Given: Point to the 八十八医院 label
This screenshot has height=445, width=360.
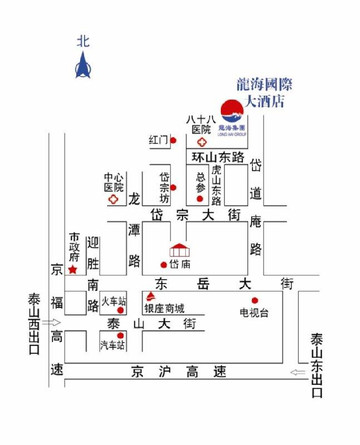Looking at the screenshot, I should [x=199, y=123].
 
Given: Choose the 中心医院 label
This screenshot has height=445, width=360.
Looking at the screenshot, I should [x=113, y=180].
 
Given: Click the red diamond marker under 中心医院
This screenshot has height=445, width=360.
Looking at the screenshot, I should [x=112, y=199].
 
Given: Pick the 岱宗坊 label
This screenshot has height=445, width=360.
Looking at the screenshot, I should [x=166, y=186].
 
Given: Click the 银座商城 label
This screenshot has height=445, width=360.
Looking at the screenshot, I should [x=166, y=308].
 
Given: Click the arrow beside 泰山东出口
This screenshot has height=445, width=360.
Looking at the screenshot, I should [x=300, y=374].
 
